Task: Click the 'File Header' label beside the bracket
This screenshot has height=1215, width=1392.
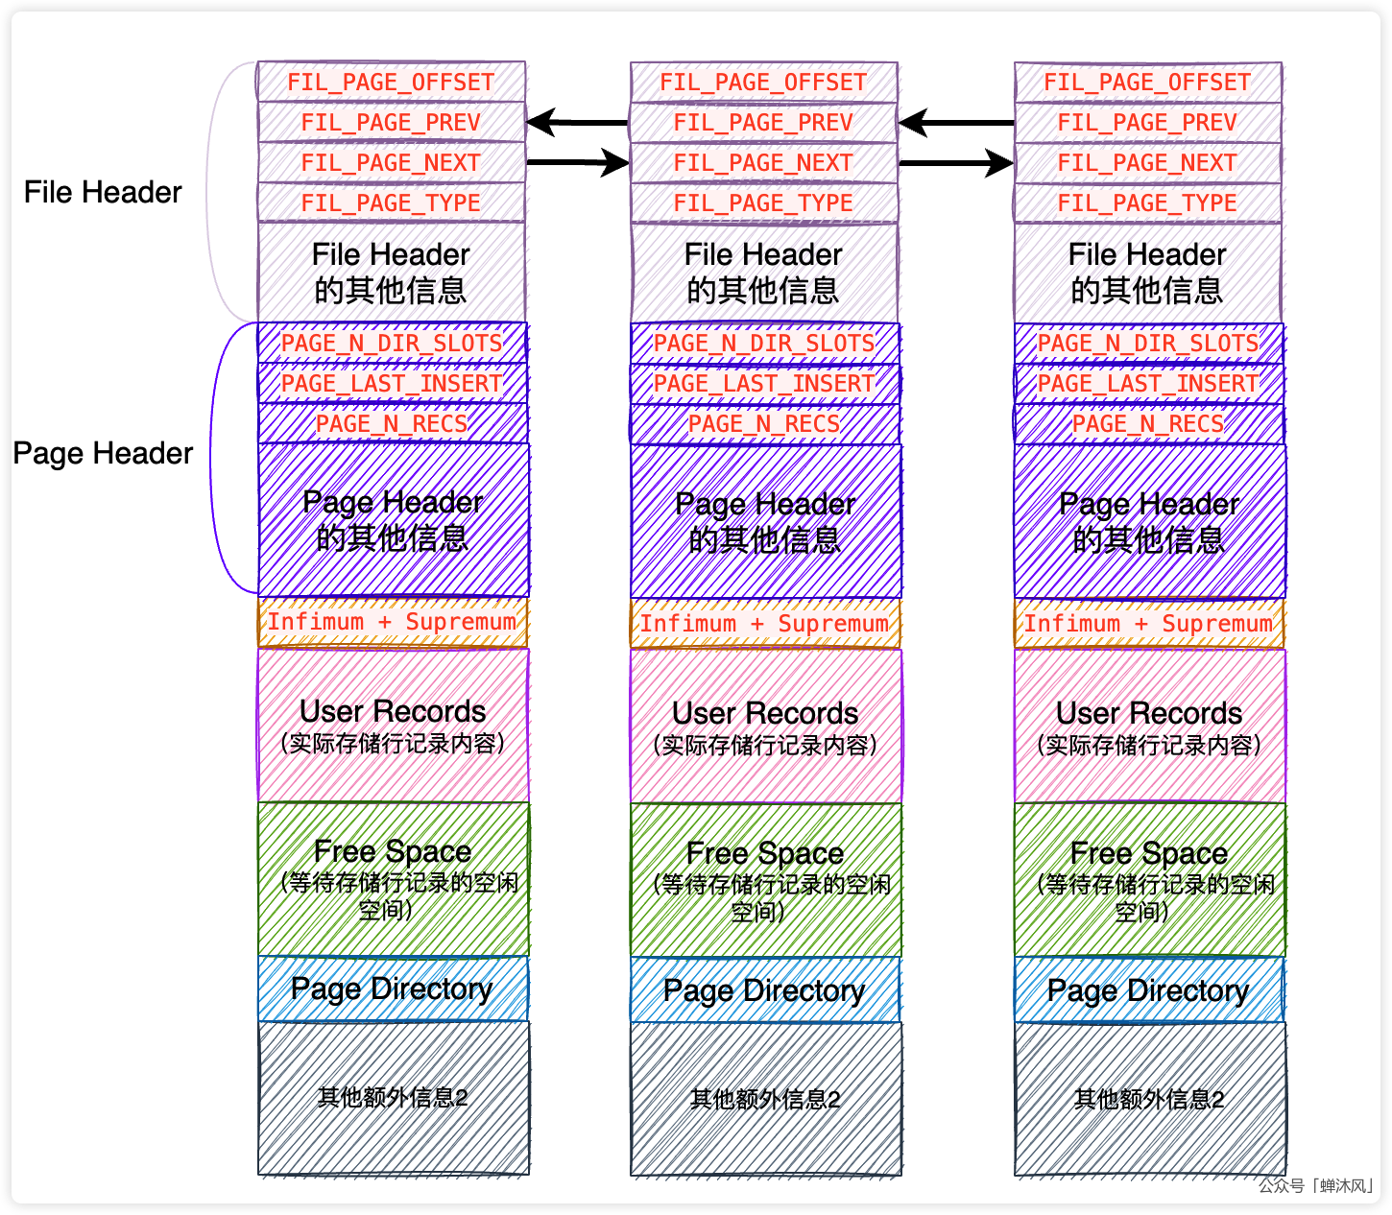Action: tap(103, 192)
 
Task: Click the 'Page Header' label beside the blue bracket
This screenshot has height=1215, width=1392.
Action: tap(103, 453)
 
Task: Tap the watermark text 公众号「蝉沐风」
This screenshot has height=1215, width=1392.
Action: tap(1316, 1185)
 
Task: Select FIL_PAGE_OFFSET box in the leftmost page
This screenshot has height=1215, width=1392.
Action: tap(391, 83)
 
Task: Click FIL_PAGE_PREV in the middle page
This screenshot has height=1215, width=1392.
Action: tap(763, 123)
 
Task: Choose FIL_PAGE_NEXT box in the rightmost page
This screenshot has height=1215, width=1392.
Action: tap(1147, 163)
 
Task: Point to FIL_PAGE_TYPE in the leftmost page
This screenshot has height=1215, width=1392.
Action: tap(391, 203)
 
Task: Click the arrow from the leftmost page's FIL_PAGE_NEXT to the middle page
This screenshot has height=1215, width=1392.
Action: tap(577, 162)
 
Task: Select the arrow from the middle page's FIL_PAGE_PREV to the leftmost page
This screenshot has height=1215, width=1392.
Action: tap(577, 123)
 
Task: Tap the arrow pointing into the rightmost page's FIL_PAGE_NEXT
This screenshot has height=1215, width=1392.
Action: tap(956, 163)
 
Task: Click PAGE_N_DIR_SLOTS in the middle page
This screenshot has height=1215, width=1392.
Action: tap(764, 344)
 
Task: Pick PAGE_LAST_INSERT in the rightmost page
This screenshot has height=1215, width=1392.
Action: tap(1148, 384)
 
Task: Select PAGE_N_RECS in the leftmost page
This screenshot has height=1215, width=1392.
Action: tap(392, 423)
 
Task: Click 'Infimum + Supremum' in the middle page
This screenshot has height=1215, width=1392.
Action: tap(764, 624)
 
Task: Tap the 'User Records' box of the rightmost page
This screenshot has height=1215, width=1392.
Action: tap(1149, 727)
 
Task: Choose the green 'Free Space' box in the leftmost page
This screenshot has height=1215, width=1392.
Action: tap(393, 878)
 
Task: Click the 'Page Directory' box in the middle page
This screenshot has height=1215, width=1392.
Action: tap(764, 990)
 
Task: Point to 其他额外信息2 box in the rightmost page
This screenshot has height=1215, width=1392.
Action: tap(1149, 1099)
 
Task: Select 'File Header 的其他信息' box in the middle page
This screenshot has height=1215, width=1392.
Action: tap(763, 273)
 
